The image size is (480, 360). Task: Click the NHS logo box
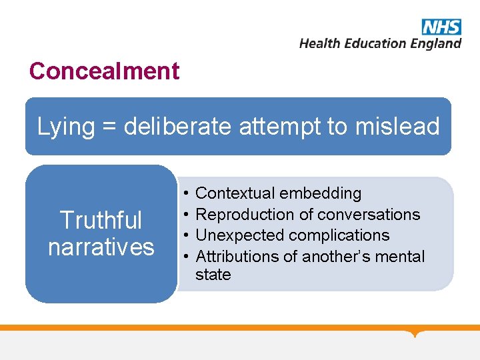pos(441,27)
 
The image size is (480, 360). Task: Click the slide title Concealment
pos(104,71)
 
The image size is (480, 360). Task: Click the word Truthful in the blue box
pos(101,220)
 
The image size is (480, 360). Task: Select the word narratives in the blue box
pos(101,247)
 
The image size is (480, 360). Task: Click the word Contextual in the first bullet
pos(235,193)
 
